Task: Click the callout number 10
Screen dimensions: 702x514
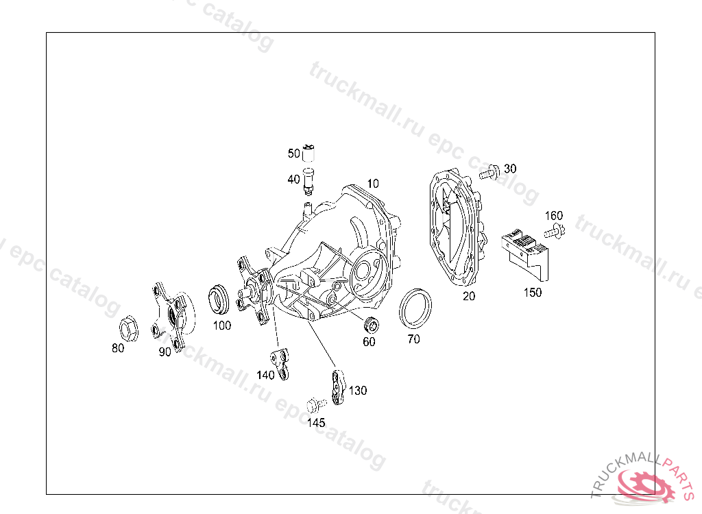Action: pyautogui.click(x=372, y=184)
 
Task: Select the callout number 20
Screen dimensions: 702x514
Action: pyautogui.click(x=469, y=296)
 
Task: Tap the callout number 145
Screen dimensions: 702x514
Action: pyautogui.click(x=316, y=423)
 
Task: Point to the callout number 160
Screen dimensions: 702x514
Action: pyautogui.click(x=554, y=216)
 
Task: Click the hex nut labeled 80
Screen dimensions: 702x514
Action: pyautogui.click(x=129, y=330)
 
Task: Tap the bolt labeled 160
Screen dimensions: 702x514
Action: pyautogui.click(x=556, y=232)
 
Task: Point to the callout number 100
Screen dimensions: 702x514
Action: pyautogui.click(x=221, y=326)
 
